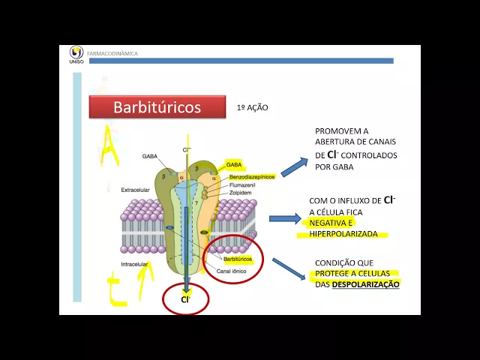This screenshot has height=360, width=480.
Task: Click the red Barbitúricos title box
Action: click(x=157, y=107)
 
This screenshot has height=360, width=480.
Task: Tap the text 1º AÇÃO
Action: click(x=252, y=108)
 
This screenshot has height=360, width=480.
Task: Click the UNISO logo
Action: click(x=76, y=54)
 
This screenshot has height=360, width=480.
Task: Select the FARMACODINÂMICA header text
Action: click(x=112, y=54)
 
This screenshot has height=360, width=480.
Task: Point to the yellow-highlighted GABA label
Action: click(x=234, y=164)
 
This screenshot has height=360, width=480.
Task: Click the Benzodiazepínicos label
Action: click(x=252, y=176)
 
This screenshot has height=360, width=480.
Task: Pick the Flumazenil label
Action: click(x=244, y=184)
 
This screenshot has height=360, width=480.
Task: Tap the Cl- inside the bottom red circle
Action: click(x=185, y=298)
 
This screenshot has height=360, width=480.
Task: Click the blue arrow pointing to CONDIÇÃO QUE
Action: click(x=289, y=269)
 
